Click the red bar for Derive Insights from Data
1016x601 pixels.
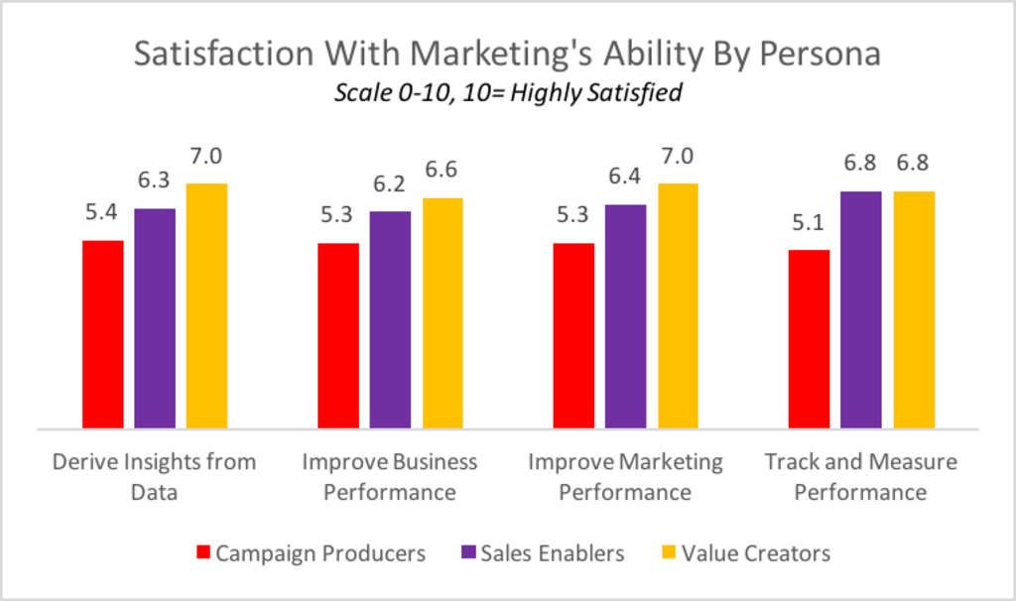tap(102, 334)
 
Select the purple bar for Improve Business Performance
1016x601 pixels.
tap(390, 319)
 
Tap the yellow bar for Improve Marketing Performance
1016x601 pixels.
tap(678, 305)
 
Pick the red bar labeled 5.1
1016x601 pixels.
tap(809, 339)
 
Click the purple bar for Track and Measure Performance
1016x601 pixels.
tap(860, 309)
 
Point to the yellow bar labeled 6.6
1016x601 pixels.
tap(442, 313)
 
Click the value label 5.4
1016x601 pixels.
tap(102, 212)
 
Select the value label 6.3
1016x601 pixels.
tap(155, 181)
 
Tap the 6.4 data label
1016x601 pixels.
tap(625, 178)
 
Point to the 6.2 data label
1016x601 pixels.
tap(390, 184)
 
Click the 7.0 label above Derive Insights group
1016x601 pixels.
tap(206, 156)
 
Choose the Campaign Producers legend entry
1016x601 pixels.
tap(312, 552)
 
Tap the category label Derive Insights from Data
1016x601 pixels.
tap(154, 476)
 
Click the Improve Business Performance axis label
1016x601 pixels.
tap(389, 476)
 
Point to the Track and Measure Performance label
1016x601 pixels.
tap(860, 476)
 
